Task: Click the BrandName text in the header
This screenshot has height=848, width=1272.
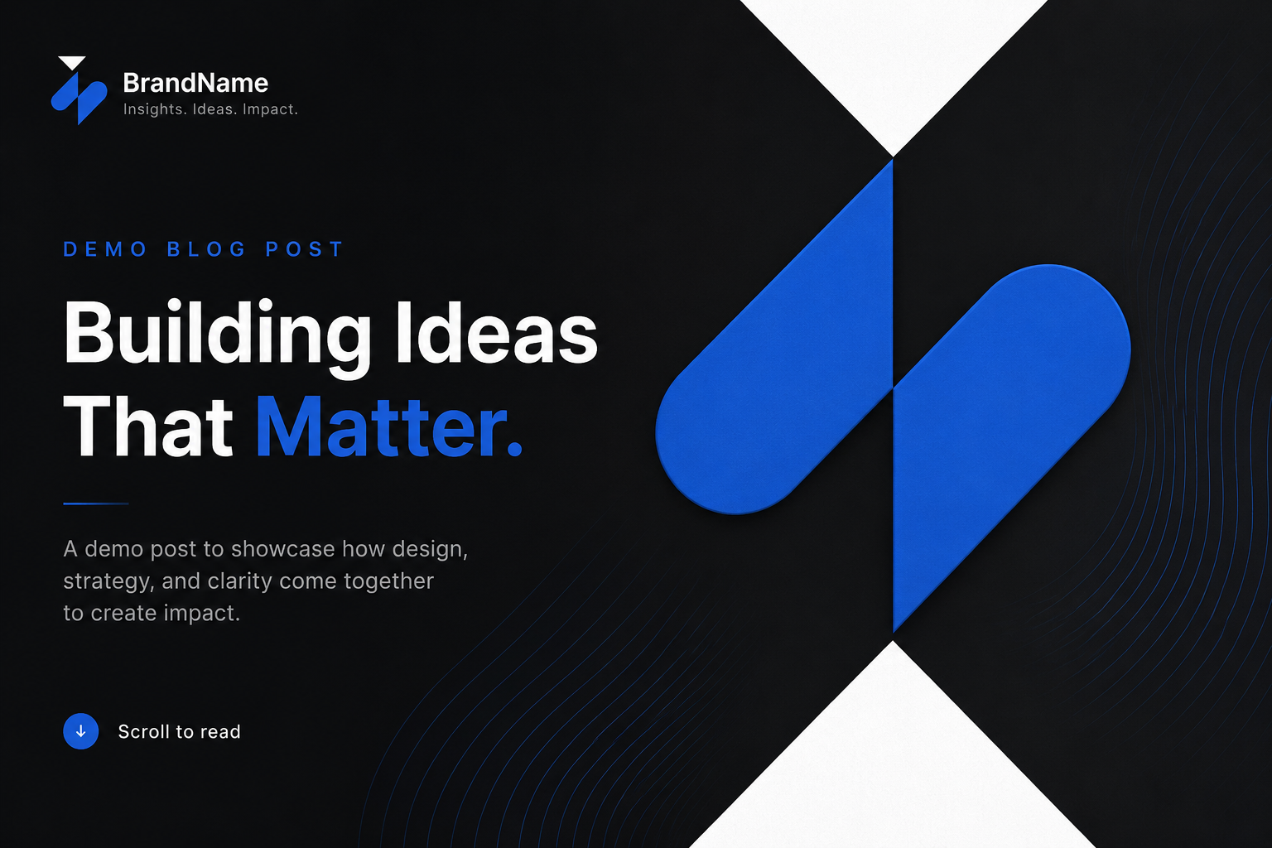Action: pyautogui.click(x=195, y=83)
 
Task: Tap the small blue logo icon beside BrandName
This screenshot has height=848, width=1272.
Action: pyautogui.click(x=79, y=99)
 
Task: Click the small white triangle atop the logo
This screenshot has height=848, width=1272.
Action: pyautogui.click(x=72, y=62)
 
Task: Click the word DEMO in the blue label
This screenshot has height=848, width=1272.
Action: pyautogui.click(x=104, y=249)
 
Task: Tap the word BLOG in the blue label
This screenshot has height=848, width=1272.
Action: pyautogui.click(x=206, y=249)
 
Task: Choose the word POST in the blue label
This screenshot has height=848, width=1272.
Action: pyautogui.click(x=305, y=249)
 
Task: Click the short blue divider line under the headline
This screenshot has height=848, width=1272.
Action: pyautogui.click(x=96, y=503)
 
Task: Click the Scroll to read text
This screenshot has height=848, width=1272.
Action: pyautogui.click(x=180, y=731)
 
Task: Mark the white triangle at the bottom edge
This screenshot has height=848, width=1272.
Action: pyautogui.click(x=893, y=767)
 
